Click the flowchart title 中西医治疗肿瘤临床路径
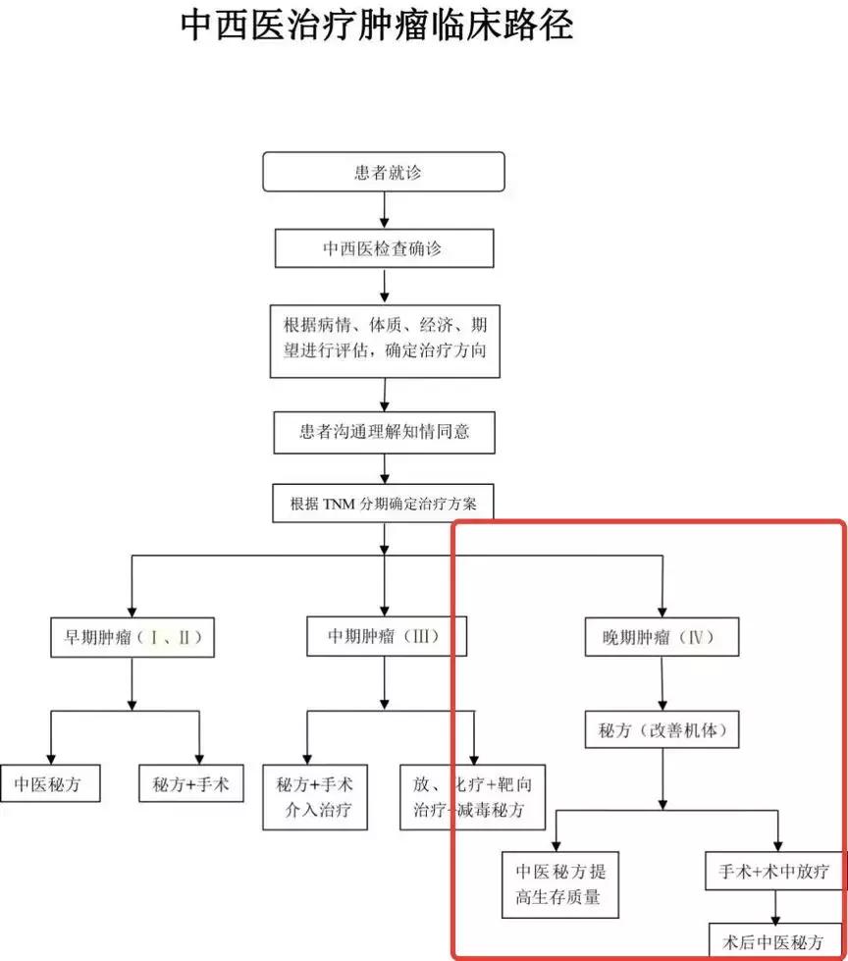tap(377, 27)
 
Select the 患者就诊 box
tap(383, 172)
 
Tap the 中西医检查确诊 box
tap(383, 248)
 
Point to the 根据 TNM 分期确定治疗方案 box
tap(383, 506)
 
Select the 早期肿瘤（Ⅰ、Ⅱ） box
tap(132, 637)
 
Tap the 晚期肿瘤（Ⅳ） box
tap(662, 638)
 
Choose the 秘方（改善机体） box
tap(662, 730)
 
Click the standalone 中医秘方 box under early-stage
tap(49, 784)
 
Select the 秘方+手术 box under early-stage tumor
tap(190, 784)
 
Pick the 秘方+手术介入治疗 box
tap(315, 797)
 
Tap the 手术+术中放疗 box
tap(774, 870)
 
